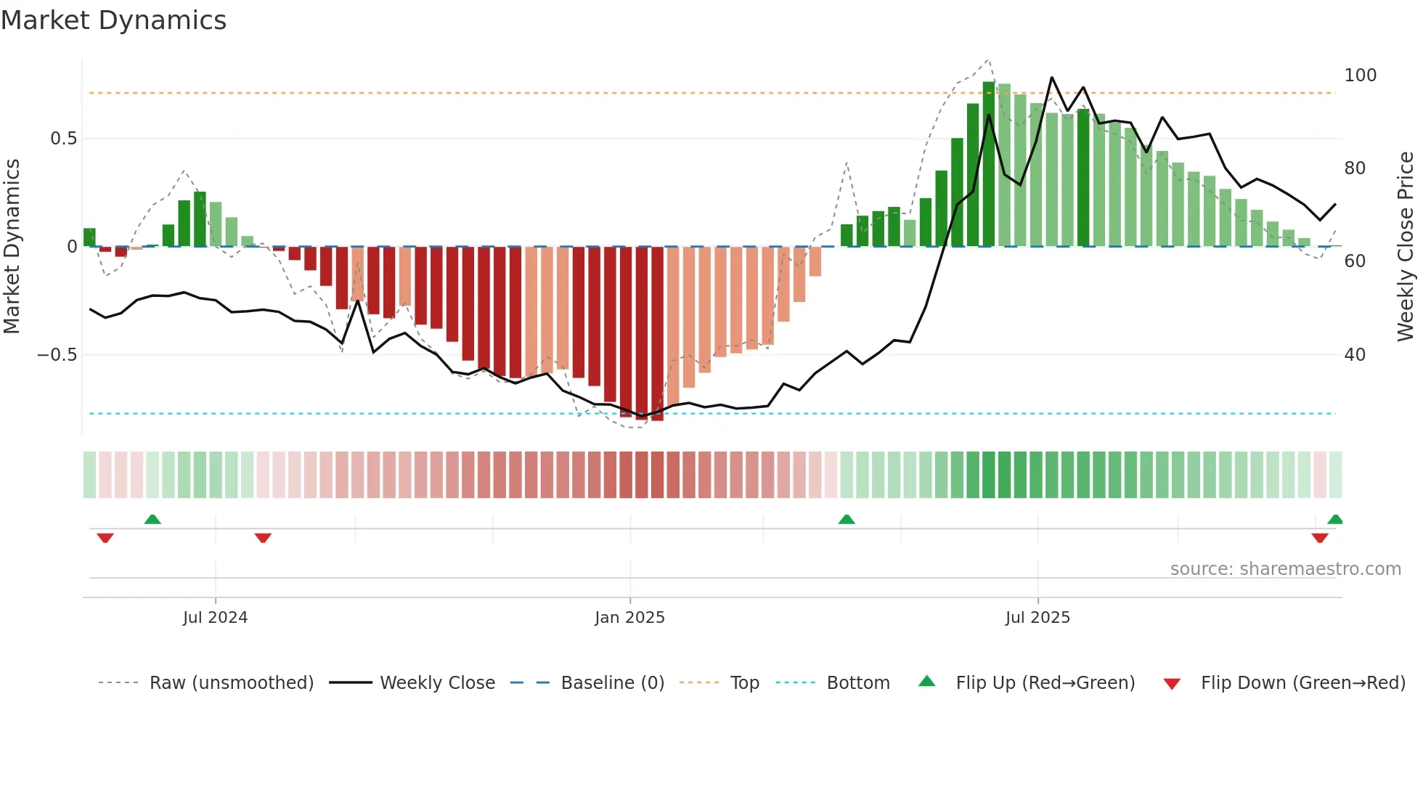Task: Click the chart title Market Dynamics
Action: tap(114, 20)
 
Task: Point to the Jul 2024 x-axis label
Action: tap(215, 618)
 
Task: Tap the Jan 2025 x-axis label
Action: tap(629, 618)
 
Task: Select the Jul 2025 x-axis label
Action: tap(1037, 618)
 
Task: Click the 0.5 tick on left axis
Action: tap(63, 139)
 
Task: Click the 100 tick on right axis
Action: tap(1360, 75)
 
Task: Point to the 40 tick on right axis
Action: tap(1355, 355)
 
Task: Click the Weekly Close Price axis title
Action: tap(1406, 247)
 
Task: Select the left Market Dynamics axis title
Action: tap(12, 247)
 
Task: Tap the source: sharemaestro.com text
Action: tap(1285, 569)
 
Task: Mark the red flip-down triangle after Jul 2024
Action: tap(263, 538)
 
